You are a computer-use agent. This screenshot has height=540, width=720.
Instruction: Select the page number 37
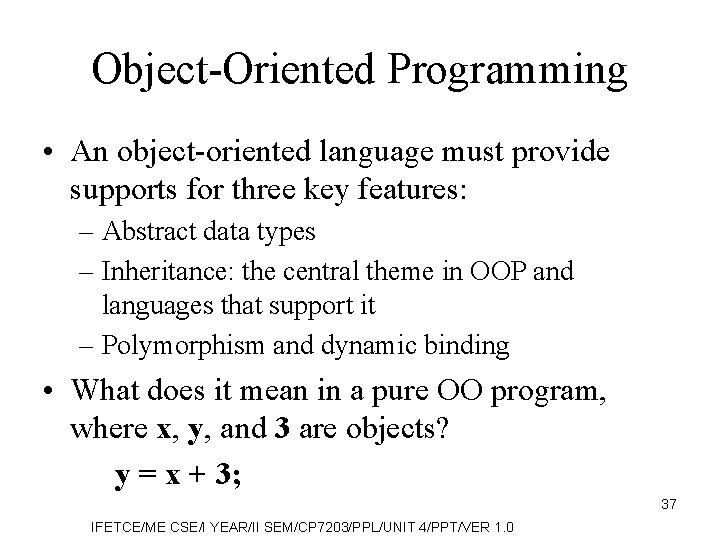click(668, 504)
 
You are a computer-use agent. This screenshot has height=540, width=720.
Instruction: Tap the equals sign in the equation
click(146, 476)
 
